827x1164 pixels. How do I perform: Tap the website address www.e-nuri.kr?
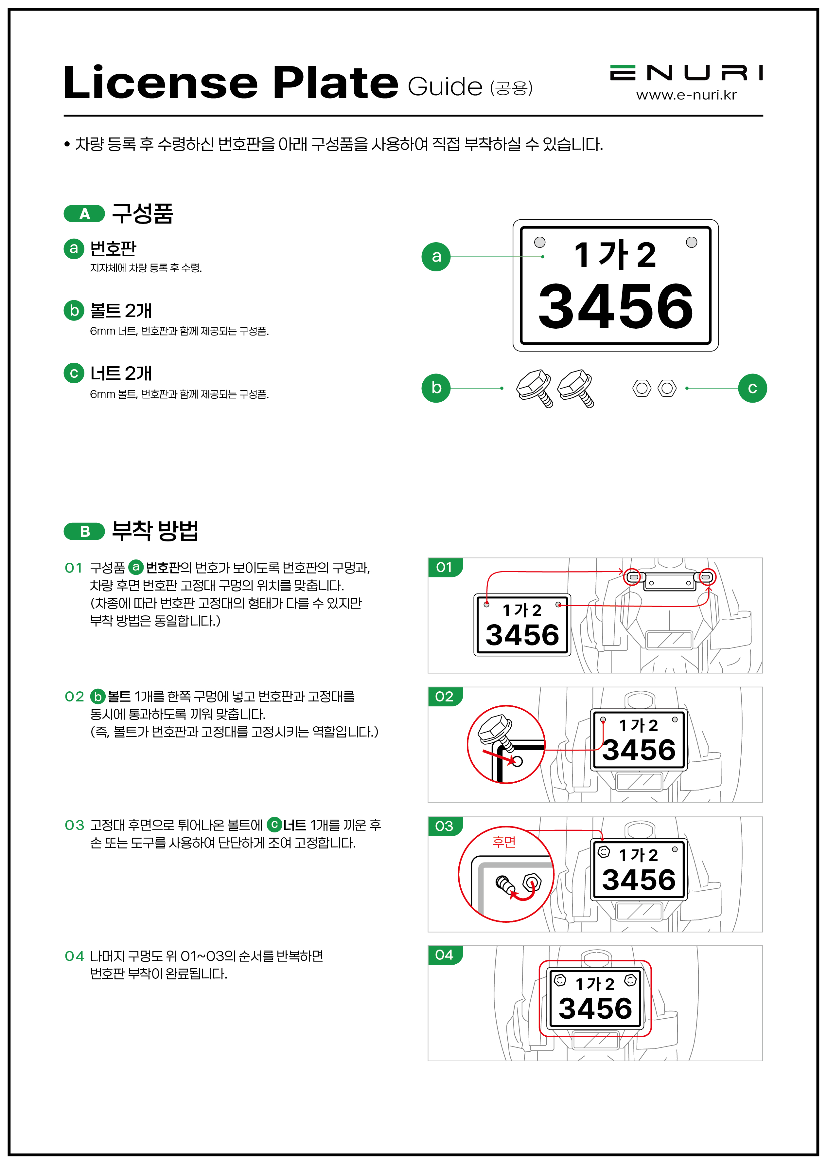tap(686, 95)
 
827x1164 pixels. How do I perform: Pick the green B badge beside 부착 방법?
tap(84, 531)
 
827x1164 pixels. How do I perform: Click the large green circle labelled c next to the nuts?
tap(752, 388)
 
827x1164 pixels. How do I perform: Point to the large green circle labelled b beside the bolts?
tap(436, 388)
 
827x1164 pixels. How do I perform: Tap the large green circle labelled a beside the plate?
tap(436, 257)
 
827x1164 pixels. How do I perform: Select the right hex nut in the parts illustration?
tap(667, 388)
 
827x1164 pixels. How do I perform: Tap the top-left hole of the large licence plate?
tap(540, 242)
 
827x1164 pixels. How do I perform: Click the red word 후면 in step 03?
tap(504, 842)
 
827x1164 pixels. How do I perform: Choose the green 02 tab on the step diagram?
tap(445, 696)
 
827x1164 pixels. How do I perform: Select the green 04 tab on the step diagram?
tap(445, 955)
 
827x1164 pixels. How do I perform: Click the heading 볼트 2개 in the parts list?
tap(121, 310)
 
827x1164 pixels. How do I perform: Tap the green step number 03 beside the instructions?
tap(74, 825)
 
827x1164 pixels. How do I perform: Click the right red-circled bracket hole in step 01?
tap(707, 577)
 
